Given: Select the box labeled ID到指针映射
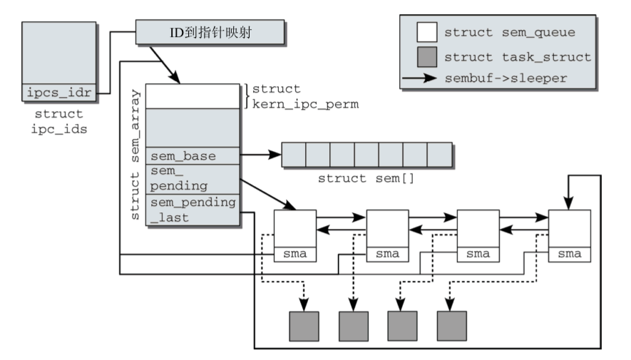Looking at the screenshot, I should coord(210,31).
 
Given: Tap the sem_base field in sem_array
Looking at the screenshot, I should coord(193,155).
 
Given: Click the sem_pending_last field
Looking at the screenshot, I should coord(193,210).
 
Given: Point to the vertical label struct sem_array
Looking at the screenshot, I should coord(135,153).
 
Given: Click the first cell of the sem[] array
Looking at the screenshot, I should coord(293,154).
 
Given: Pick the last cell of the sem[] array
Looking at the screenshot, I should coord(440,154).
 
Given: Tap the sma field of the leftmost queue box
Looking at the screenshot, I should coord(295,254).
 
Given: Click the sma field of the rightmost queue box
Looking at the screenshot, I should coord(569,254).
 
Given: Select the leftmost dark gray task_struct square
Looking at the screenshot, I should coord(303,326).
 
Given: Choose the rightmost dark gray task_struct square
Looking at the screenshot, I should coord(451,326).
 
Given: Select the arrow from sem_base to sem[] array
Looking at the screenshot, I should coord(262,154).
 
